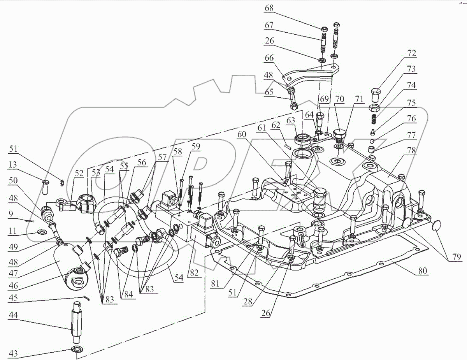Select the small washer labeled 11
(x=40, y=233)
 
